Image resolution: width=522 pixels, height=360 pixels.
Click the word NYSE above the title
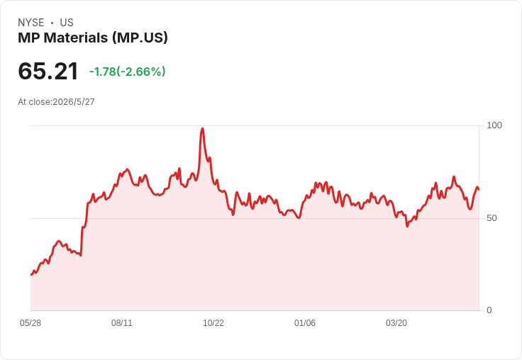(x=31, y=23)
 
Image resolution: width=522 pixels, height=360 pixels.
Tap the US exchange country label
(x=67, y=23)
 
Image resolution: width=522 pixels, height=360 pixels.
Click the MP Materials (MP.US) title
(x=93, y=38)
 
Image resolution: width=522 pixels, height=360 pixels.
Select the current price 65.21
(x=48, y=71)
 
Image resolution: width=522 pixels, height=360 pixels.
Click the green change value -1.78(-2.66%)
(x=127, y=72)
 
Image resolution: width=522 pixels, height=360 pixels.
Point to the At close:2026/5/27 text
(x=56, y=102)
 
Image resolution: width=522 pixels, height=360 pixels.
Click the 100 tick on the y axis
(x=494, y=125)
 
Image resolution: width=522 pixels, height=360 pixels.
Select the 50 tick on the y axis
(x=492, y=218)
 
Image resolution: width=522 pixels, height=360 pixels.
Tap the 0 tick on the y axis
(x=489, y=310)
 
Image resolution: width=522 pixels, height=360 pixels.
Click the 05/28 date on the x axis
(x=30, y=323)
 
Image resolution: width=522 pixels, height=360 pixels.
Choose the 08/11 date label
(x=122, y=323)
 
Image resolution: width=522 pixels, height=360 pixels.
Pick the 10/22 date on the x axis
(x=213, y=323)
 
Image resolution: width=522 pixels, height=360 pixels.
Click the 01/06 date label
(x=304, y=323)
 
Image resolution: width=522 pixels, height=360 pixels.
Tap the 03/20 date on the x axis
(x=396, y=323)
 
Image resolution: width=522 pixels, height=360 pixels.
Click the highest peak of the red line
(x=202, y=128)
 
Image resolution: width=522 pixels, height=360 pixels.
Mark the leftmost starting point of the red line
(x=31, y=274)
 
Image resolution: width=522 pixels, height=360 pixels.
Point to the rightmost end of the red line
(x=479, y=189)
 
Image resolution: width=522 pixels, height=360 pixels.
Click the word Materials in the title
(x=76, y=38)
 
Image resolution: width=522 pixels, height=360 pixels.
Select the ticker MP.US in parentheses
(x=140, y=38)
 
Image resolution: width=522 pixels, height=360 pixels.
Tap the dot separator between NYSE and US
(x=52, y=23)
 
